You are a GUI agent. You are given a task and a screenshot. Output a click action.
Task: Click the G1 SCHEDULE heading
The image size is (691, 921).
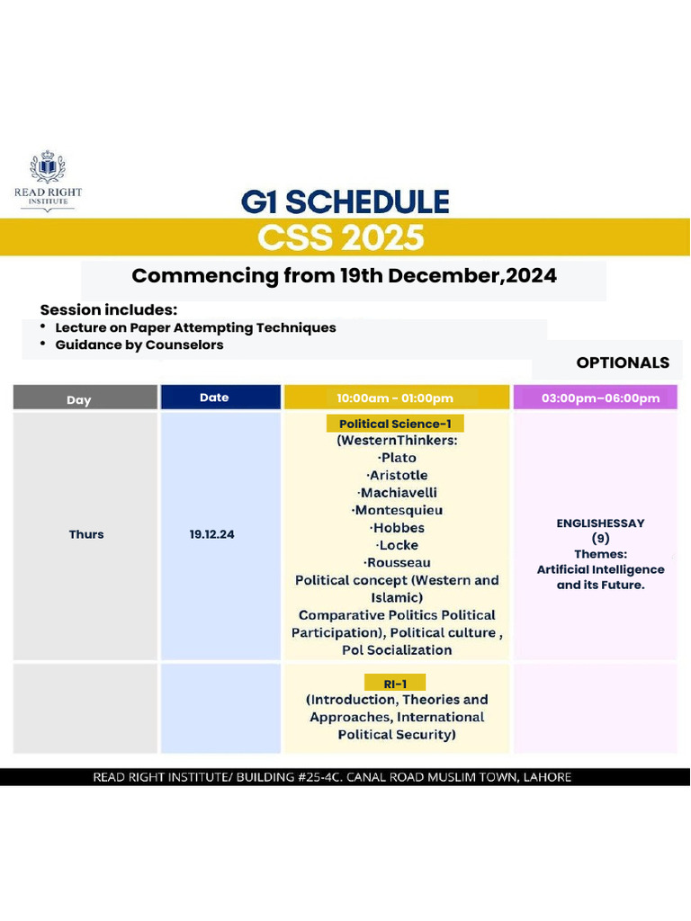click(x=345, y=201)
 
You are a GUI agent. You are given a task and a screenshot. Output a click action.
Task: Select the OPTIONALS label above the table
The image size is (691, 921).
click(x=623, y=362)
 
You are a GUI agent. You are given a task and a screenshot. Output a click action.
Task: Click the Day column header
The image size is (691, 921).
click(x=79, y=399)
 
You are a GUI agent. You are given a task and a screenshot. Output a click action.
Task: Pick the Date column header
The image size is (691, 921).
click(x=214, y=398)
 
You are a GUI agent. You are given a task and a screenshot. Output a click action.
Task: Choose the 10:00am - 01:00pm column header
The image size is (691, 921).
click(x=395, y=398)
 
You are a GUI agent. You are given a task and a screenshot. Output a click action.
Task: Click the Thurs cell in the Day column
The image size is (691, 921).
click(x=86, y=534)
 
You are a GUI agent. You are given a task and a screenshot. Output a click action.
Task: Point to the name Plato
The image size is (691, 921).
click(x=397, y=458)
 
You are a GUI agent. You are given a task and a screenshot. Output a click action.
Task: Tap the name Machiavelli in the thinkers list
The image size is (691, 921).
click(x=397, y=493)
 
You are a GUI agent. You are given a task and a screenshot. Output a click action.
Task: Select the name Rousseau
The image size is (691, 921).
click(x=397, y=563)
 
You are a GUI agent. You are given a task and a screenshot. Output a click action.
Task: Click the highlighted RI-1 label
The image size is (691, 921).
click(x=396, y=684)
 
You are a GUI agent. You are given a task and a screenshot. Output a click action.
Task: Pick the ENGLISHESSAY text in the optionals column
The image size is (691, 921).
click(x=600, y=523)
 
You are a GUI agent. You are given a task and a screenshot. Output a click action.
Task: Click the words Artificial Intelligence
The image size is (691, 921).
click(x=600, y=569)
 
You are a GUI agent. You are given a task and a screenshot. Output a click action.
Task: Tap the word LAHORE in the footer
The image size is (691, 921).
click(x=544, y=777)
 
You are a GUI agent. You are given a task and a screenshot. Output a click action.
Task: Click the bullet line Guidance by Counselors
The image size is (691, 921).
click(x=139, y=344)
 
